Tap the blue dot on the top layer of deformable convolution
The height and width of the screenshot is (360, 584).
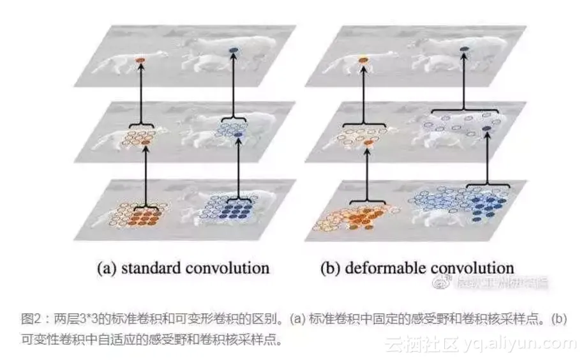click(x=464, y=49)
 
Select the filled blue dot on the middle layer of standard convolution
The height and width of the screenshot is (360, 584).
click(x=239, y=136)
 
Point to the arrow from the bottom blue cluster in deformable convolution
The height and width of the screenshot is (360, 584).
click(x=490, y=160)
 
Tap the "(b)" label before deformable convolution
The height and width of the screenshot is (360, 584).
click(x=331, y=267)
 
